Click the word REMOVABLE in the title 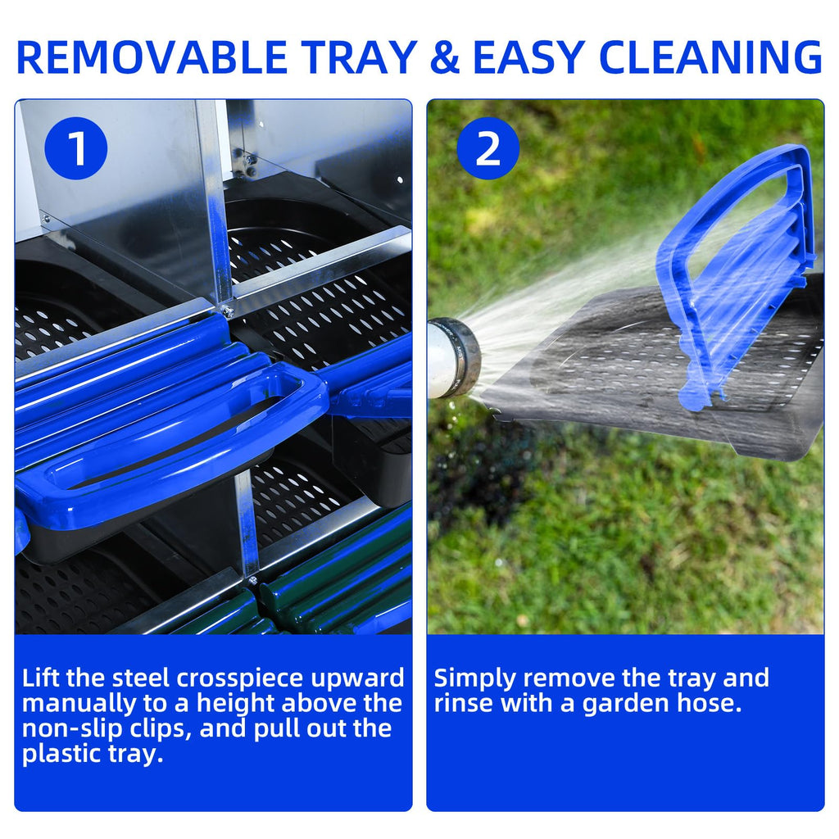tap(152, 57)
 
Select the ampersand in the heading tap(445, 57)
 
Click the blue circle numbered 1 tap(76, 148)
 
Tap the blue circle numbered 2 tap(488, 148)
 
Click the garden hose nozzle tap(453, 357)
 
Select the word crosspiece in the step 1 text tap(240, 679)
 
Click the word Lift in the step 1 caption tap(41, 678)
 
